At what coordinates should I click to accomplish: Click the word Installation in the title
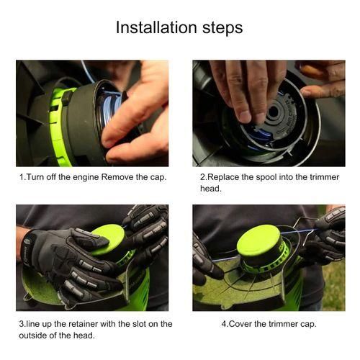click(157, 27)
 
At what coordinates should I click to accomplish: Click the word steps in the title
click(222, 29)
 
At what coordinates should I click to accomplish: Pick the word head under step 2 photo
click(210, 189)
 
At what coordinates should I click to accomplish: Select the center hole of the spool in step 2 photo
click(274, 112)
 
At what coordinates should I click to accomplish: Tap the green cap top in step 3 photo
click(109, 239)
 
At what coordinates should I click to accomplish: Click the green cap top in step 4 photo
click(258, 240)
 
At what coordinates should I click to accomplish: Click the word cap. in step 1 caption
click(158, 178)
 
